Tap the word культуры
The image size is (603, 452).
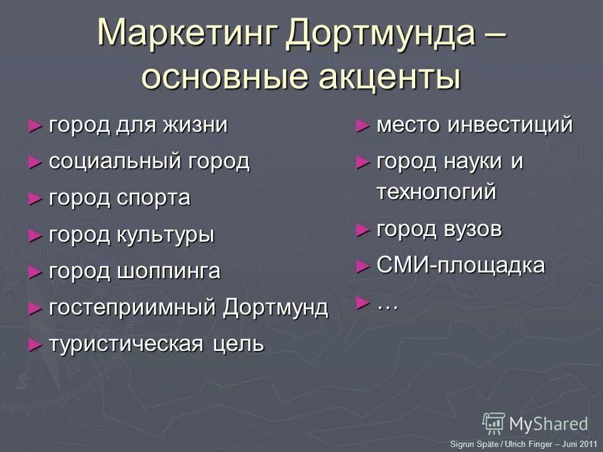tap(166, 235)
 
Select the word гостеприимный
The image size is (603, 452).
tap(134, 308)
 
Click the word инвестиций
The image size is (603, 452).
tap(509, 125)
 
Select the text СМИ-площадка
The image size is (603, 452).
tap(460, 266)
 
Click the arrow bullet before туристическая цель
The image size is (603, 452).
tap(35, 345)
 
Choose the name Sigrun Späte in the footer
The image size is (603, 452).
tap(472, 444)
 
